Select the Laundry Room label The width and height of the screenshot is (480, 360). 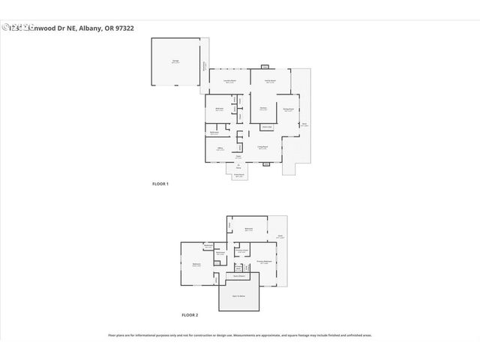(230, 81)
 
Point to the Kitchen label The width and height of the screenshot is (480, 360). (263, 109)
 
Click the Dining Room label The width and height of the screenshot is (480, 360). (287, 109)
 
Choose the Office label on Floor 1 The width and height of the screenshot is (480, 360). (220, 148)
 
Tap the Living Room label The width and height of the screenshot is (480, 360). (262, 148)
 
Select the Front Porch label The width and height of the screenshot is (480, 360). (238, 175)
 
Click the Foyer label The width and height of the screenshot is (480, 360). (238, 156)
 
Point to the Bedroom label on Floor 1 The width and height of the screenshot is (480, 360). (220, 109)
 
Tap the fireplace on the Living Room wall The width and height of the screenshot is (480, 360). (265, 163)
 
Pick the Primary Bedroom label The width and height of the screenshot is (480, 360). (262, 262)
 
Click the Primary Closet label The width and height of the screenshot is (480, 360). (241, 250)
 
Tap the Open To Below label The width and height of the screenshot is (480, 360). (238, 297)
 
